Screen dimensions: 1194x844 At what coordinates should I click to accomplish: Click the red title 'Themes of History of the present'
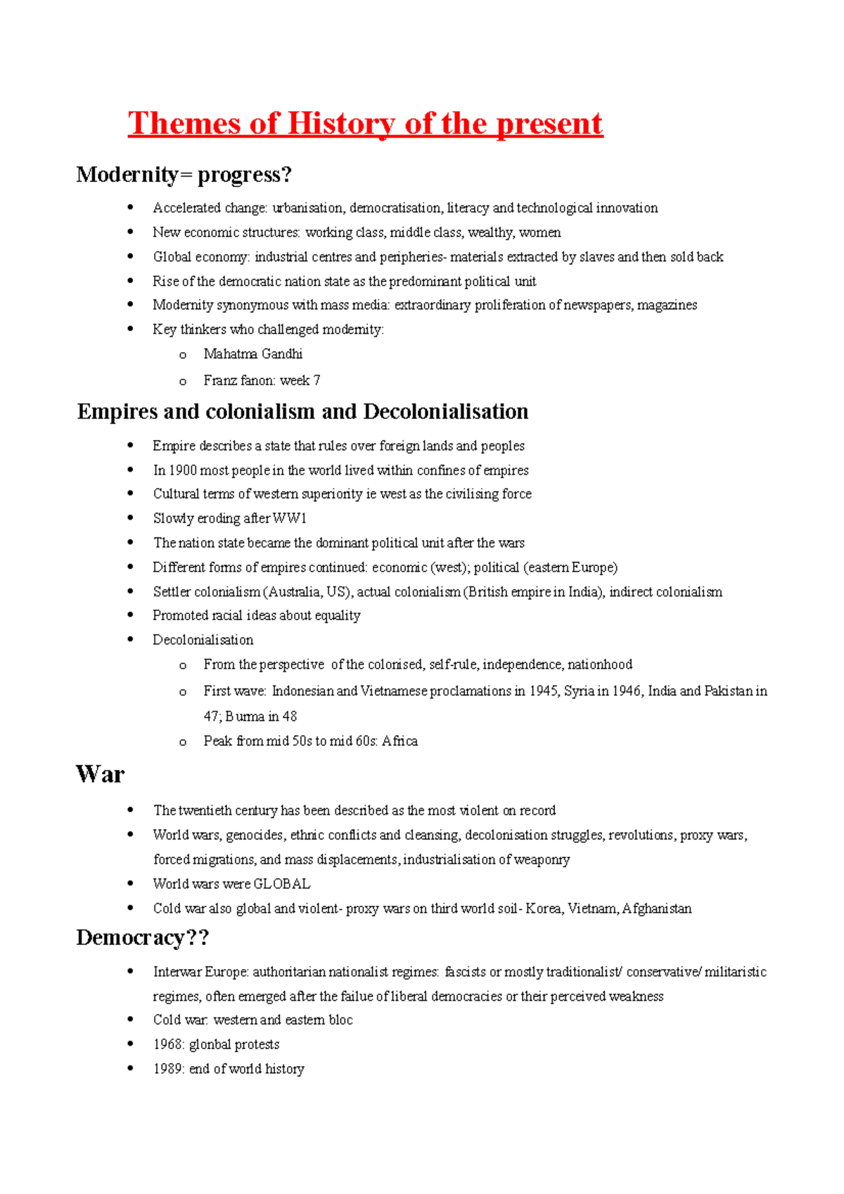[365, 124]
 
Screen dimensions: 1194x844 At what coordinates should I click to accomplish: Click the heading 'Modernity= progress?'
[184, 174]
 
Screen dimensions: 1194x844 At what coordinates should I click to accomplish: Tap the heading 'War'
[100, 774]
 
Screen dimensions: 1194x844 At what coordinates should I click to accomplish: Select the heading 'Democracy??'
[143, 937]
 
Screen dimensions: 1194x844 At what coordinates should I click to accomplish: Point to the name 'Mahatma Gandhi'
[253, 354]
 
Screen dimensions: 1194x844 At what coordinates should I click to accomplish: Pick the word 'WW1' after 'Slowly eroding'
[290, 518]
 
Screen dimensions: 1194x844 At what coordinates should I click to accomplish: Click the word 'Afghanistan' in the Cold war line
[657, 909]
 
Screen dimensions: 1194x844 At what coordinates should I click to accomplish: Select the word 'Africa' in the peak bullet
[399, 741]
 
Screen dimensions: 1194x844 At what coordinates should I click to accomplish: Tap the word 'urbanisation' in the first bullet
[308, 208]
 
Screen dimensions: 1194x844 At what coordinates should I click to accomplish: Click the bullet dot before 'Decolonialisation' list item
[130, 639]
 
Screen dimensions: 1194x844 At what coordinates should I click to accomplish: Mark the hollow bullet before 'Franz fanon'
[183, 382]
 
